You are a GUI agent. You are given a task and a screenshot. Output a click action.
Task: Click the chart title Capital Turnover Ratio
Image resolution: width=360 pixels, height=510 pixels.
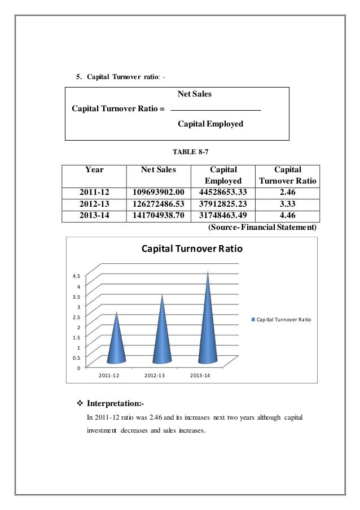[x=191, y=248]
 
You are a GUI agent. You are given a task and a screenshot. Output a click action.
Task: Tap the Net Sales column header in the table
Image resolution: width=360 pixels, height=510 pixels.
[x=159, y=169]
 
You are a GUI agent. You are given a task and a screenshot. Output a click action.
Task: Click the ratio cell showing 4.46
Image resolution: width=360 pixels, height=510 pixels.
[x=287, y=215]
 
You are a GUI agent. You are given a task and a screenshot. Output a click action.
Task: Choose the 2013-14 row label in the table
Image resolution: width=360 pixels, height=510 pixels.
[x=95, y=215]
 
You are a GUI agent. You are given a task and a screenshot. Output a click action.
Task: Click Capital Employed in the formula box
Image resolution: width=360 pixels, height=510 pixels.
[x=210, y=123]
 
